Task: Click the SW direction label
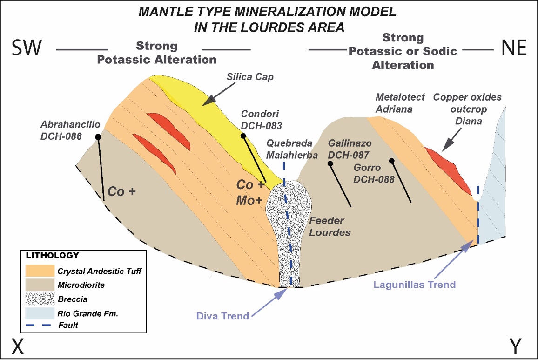click(27, 48)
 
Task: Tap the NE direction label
click(513, 48)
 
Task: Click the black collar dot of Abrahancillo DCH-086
click(98, 137)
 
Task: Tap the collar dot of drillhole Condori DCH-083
click(242, 136)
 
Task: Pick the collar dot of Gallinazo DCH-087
click(330, 163)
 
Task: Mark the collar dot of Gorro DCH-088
click(392, 161)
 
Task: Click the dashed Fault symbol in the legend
click(39, 326)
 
